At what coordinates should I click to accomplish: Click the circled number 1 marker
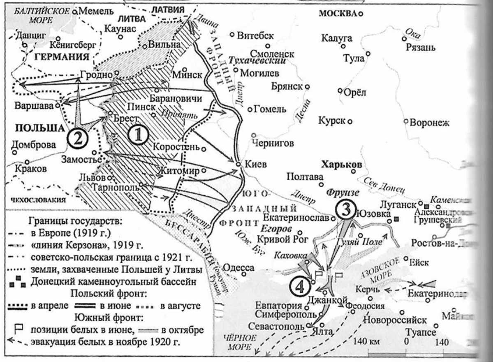(138, 134)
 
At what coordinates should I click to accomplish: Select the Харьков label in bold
(342, 165)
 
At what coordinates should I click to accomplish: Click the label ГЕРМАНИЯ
(61, 57)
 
